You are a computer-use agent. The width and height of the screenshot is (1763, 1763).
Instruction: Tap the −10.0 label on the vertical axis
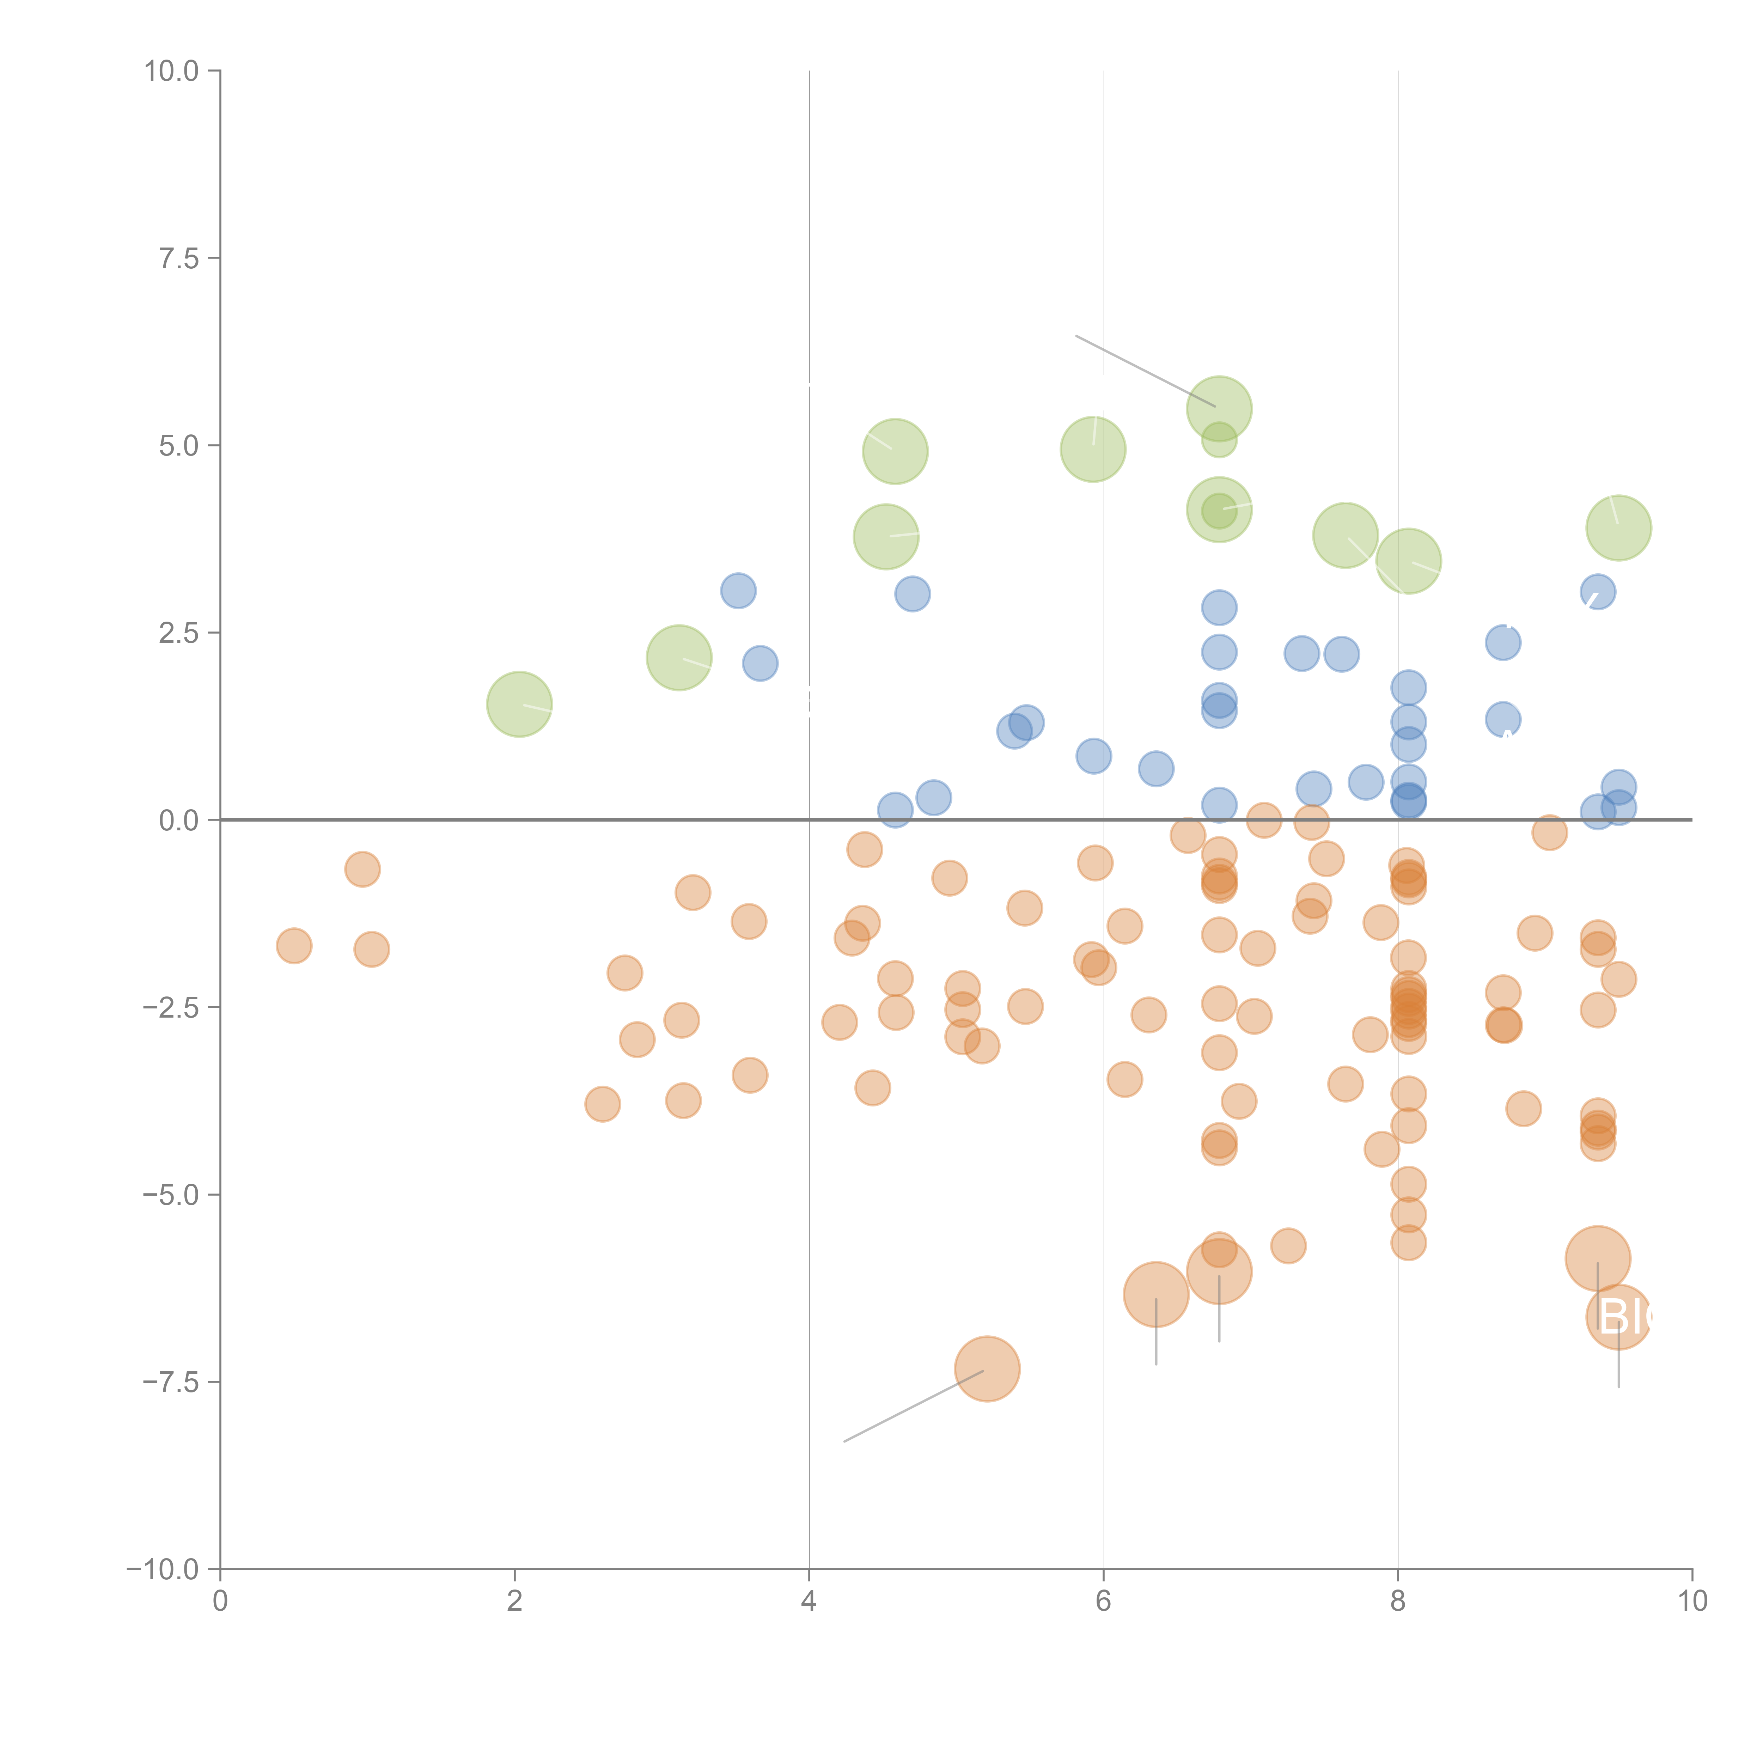pyautogui.click(x=163, y=1569)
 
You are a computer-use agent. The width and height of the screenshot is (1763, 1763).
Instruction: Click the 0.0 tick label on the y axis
pyautogui.click(x=179, y=821)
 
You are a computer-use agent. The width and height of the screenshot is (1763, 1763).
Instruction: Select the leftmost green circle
pyautogui.click(x=519, y=703)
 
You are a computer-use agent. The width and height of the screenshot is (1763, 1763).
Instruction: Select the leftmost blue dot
pyautogui.click(x=738, y=590)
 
